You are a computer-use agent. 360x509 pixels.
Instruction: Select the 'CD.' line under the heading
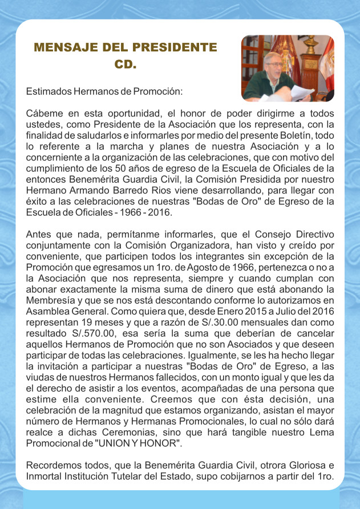(126, 64)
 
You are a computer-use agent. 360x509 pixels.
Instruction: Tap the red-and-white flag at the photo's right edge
(328, 63)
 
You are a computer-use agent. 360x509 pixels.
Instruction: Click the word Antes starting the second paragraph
(38, 235)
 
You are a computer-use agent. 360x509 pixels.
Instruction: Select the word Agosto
(222, 267)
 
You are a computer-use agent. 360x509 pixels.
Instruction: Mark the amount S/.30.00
(228, 320)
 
